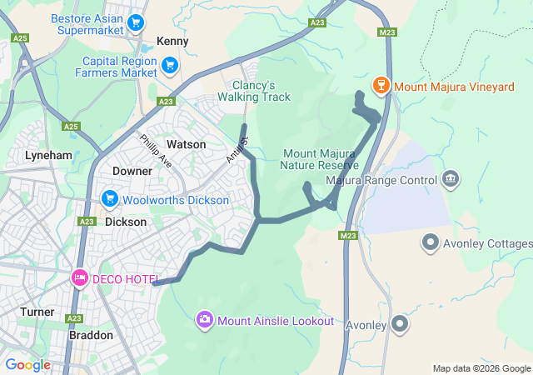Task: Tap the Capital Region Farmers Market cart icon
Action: (170, 64)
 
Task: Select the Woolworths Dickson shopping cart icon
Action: (109, 199)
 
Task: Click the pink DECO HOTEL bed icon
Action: (80, 277)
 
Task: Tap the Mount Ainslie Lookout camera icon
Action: (205, 320)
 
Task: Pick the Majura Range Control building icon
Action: (451, 178)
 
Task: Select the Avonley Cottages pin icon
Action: (431, 243)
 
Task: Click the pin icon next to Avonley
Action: (401, 324)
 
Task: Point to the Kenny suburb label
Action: (172, 41)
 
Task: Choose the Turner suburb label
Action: (37, 312)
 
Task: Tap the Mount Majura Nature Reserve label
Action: (320, 159)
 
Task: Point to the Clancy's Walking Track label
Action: (254, 91)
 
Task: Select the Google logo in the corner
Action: (27, 365)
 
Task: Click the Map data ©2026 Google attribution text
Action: (481, 368)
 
